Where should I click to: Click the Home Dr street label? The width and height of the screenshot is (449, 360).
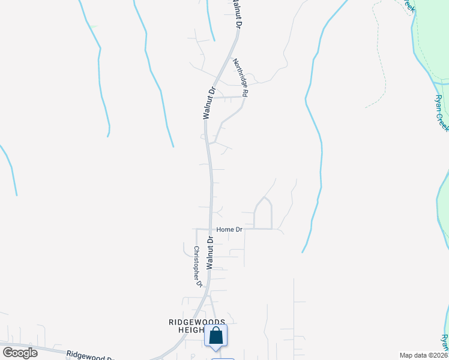229,229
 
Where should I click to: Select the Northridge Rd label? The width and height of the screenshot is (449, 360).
241,78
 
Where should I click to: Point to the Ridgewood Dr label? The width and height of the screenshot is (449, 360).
90,356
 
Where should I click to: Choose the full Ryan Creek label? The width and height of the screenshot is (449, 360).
442,113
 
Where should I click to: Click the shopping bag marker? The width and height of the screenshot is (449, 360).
216,337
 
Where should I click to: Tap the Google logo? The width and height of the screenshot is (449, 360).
20,352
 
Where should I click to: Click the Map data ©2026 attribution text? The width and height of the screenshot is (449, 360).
423,355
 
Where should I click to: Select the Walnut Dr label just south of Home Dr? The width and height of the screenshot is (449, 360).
210,253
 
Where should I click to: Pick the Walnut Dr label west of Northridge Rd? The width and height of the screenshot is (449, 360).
209,104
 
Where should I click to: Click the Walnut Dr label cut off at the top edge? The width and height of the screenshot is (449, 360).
235,13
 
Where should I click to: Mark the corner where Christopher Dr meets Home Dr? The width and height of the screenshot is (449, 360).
197,229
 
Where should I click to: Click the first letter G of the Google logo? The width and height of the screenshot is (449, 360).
8,352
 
